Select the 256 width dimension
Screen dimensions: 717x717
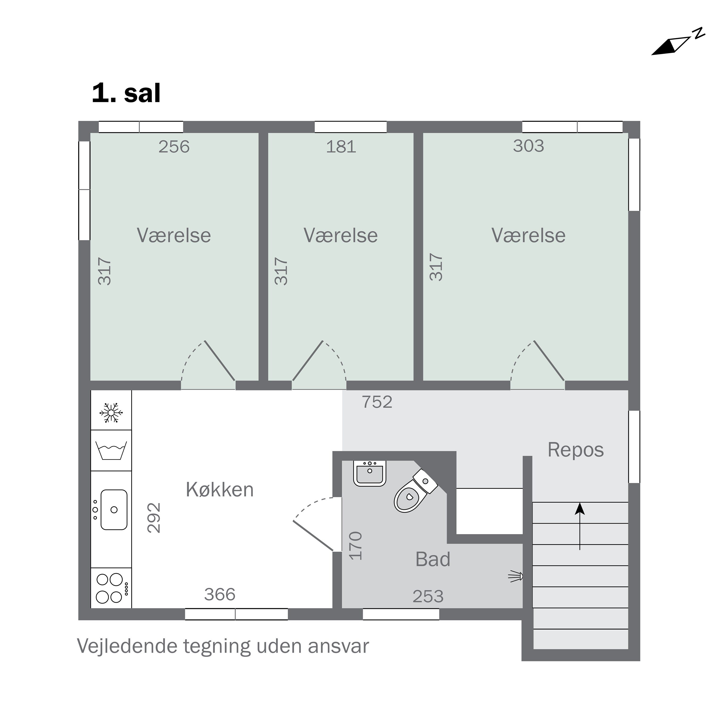[x=174, y=147]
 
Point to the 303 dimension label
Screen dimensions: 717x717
[x=528, y=146]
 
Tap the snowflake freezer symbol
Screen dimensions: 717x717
[x=111, y=412]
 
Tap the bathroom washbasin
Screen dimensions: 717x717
[x=370, y=473]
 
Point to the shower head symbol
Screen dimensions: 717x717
[x=516, y=576]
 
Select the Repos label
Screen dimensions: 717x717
[x=575, y=450]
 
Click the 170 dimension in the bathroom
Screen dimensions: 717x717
[x=356, y=546]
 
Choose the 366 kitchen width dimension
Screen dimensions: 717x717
[x=220, y=594]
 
